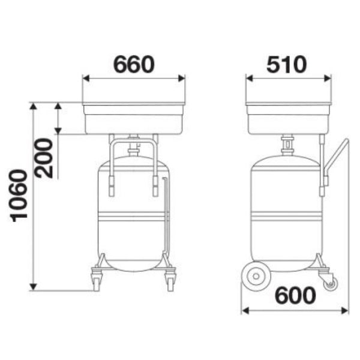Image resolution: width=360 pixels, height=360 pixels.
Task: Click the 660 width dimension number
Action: click(x=134, y=64)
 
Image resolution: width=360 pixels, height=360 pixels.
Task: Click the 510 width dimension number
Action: click(x=287, y=64)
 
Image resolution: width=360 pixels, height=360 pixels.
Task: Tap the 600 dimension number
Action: click(x=295, y=295)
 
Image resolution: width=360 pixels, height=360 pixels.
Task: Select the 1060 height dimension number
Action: click(x=19, y=196)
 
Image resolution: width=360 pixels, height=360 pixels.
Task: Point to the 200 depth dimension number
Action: click(x=44, y=158)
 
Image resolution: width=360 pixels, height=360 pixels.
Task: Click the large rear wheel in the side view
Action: click(x=256, y=276)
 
